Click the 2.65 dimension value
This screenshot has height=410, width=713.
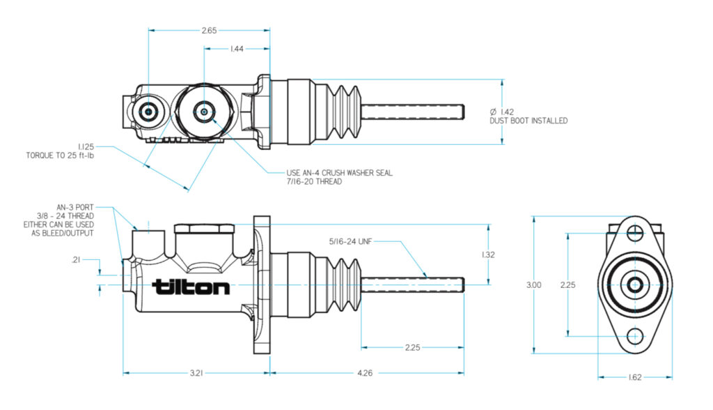(209, 31)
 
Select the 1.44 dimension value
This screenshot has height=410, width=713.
(237, 49)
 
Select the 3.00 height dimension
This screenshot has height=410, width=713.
(533, 285)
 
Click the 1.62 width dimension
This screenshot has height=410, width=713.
(634, 378)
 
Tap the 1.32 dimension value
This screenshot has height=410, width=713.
(489, 255)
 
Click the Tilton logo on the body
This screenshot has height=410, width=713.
(191, 287)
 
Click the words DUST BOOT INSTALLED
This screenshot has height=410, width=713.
(528, 121)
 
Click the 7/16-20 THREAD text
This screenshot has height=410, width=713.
(315, 181)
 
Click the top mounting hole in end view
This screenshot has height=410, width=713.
(634, 233)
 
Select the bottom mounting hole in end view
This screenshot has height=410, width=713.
(634, 336)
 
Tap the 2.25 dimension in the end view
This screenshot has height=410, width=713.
(570, 285)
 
